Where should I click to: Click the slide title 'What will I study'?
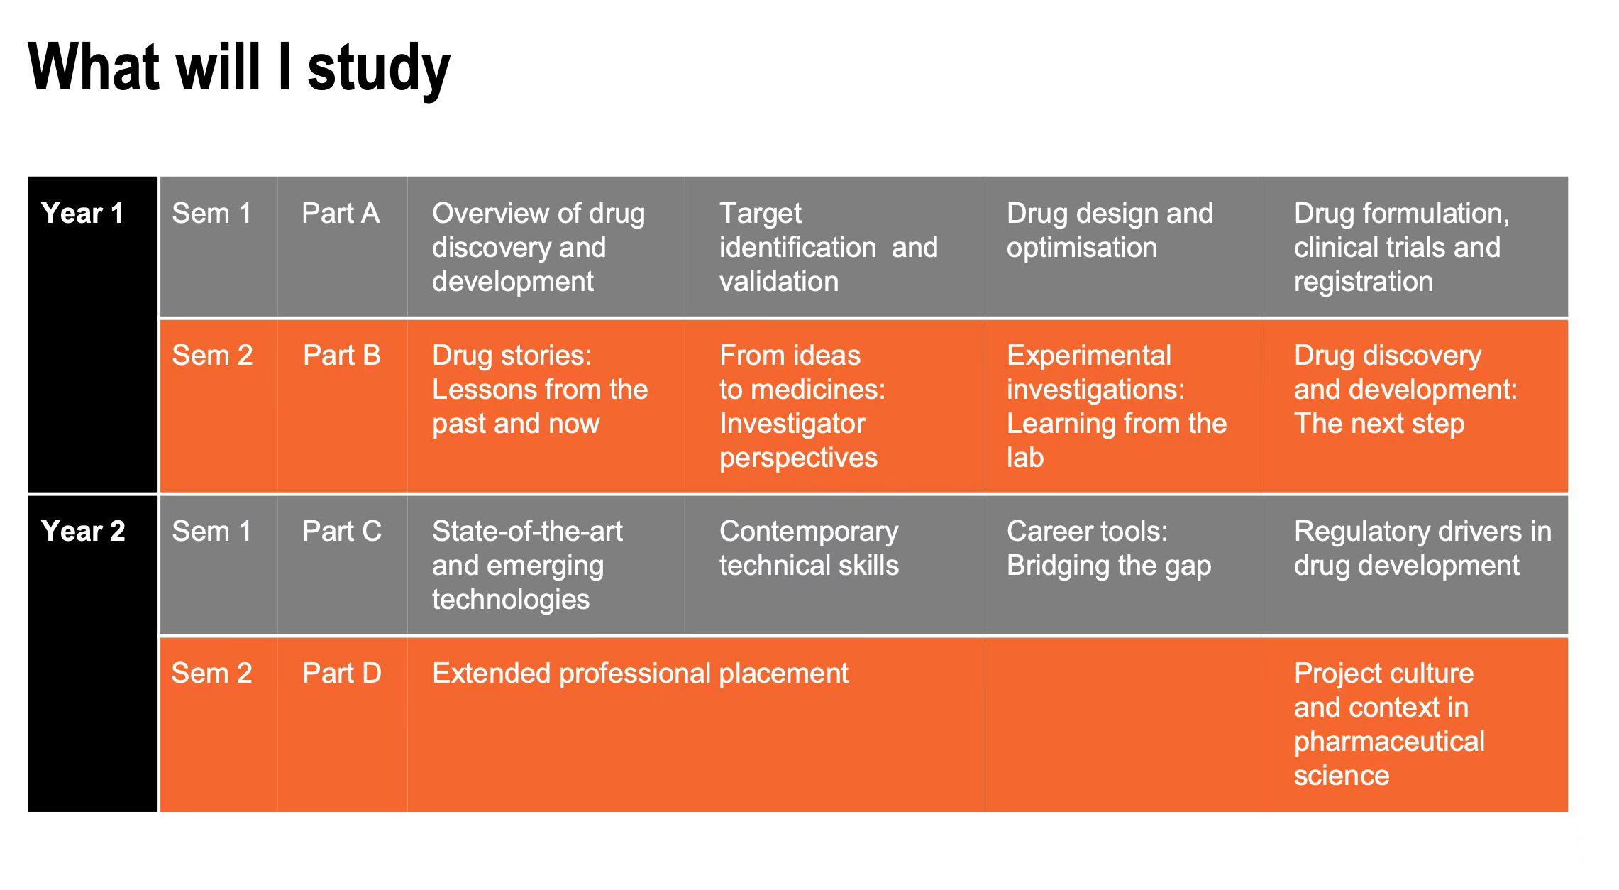click(239, 69)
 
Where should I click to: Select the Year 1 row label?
click(83, 213)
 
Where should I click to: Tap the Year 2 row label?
click(83, 531)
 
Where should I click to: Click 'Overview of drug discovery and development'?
click(538, 247)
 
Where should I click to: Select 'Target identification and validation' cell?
click(829, 247)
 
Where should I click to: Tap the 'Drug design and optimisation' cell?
click(1110, 230)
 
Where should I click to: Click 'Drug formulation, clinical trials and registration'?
click(1401, 247)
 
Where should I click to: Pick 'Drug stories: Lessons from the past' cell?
click(540, 389)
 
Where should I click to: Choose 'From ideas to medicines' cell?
click(802, 406)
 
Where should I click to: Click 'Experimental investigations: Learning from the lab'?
click(1117, 406)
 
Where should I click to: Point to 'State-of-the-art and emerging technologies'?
click(527, 565)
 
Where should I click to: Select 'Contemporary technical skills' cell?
click(809, 548)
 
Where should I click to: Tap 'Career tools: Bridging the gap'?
click(1109, 548)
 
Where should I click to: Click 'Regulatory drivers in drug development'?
click(1422, 548)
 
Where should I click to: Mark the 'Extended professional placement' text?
click(640, 673)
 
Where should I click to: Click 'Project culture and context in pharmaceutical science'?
click(1389, 724)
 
